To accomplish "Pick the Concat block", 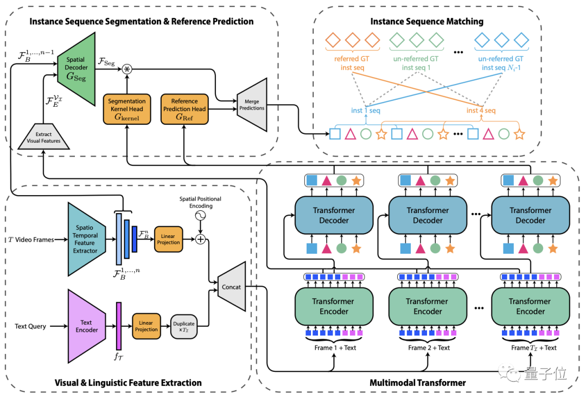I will pyautogui.click(x=232, y=287).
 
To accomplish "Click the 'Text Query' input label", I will pyautogui.click(x=30, y=326).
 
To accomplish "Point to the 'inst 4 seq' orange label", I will pyautogui.click(x=481, y=111).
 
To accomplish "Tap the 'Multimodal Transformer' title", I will pyautogui.click(x=418, y=383).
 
